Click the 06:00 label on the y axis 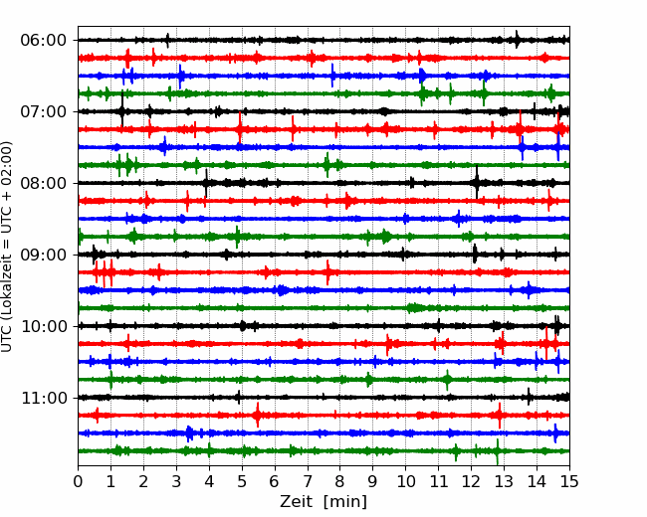tap(44, 41)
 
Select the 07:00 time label tap(44, 111)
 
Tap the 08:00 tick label tap(44, 183)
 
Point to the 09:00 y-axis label tap(44, 255)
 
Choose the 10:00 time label tap(44, 326)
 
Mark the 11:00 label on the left tap(44, 398)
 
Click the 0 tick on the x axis tap(78, 481)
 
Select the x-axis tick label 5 tap(242, 481)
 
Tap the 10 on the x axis tap(405, 481)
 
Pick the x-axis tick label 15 tap(569, 481)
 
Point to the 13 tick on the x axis tap(505, 481)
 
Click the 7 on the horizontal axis tap(308, 481)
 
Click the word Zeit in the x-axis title tap(296, 501)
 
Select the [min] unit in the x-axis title tap(345, 502)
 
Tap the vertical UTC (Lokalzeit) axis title tap(7, 247)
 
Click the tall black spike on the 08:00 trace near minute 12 tap(477, 182)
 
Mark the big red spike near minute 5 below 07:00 tap(240, 128)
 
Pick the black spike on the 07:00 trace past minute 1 tap(122, 109)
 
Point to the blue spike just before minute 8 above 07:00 tap(332, 76)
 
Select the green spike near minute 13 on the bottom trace tap(498, 451)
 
